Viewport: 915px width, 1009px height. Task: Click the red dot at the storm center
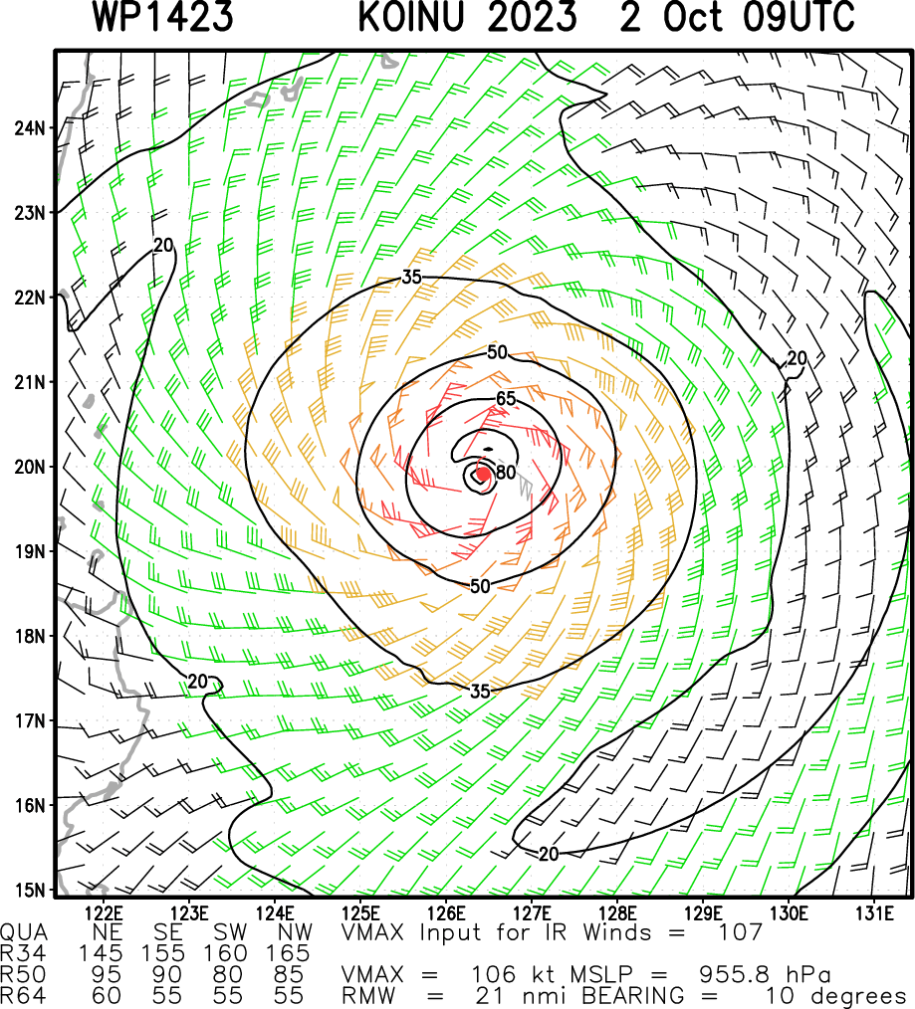[x=482, y=475]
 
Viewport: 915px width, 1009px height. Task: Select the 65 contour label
[x=507, y=399]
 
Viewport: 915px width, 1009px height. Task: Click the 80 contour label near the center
[x=506, y=473]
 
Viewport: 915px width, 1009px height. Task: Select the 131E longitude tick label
[x=873, y=911]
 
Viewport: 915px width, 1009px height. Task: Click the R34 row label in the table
[x=19, y=953]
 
